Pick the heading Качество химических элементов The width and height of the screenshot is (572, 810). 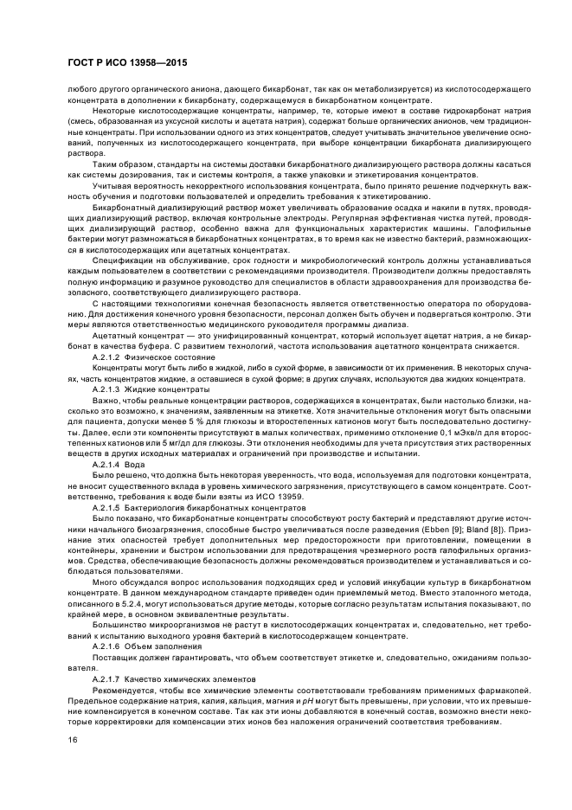point(189,681)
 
